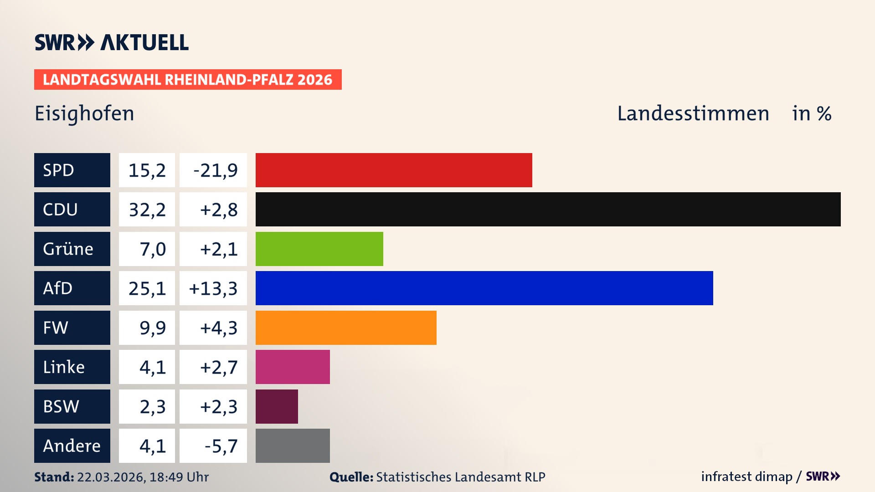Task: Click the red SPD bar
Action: (394, 170)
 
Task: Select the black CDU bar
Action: (548, 210)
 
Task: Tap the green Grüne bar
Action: (319, 249)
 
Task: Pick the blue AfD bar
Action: (484, 288)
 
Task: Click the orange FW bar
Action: (346, 328)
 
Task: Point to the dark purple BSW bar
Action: (277, 406)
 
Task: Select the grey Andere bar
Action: (293, 446)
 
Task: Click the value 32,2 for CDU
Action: (147, 210)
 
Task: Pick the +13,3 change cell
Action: (213, 288)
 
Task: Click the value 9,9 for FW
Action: (152, 328)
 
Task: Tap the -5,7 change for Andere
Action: (221, 446)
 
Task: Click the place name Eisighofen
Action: (84, 113)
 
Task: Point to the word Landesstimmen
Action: (693, 113)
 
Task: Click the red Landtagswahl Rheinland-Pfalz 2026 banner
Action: (188, 80)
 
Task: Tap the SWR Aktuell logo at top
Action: (112, 42)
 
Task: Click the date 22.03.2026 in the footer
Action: (111, 477)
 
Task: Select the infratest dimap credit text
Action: (746, 477)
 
